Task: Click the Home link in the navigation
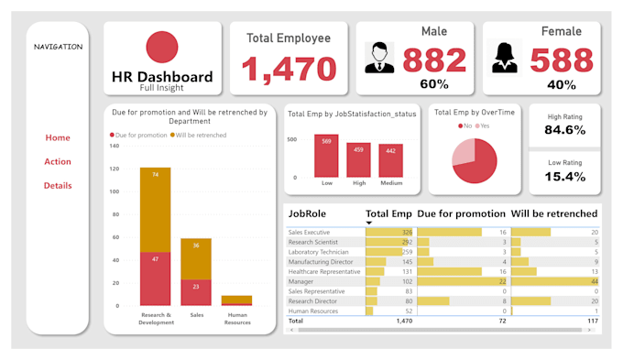click(58, 137)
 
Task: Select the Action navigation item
click(58, 162)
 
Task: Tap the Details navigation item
click(58, 186)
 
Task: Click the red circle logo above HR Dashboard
click(162, 48)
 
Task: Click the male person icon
click(380, 57)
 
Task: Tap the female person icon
click(505, 57)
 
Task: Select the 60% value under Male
click(434, 84)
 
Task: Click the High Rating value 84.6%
click(565, 130)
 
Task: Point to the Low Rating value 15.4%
click(565, 176)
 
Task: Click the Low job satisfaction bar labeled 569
click(327, 157)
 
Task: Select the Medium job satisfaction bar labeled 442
click(391, 161)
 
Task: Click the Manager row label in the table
click(301, 281)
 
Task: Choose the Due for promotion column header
click(461, 213)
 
